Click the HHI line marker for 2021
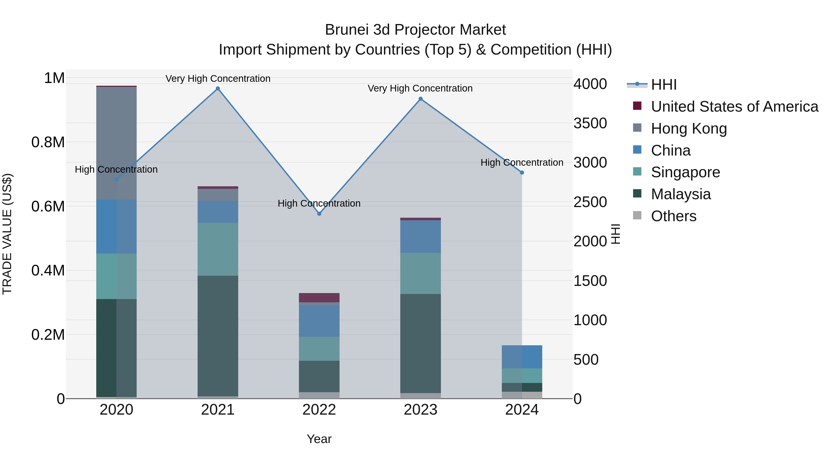coord(218,89)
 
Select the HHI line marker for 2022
coord(319,214)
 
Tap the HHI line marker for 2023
coord(420,99)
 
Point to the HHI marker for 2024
coord(522,172)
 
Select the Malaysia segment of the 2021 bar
coord(218,336)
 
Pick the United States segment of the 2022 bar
coord(319,297)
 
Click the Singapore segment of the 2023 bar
coord(420,273)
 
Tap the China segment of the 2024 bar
coord(522,357)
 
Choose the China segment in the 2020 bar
coord(117,226)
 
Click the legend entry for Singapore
coord(685,172)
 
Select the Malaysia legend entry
coord(681,194)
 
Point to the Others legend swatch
coord(637,215)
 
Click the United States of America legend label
coord(735,107)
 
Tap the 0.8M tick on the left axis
coord(48,142)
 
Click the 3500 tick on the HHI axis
coord(590,123)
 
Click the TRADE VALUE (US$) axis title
coord(7,234)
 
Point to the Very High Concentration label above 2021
coord(218,79)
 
